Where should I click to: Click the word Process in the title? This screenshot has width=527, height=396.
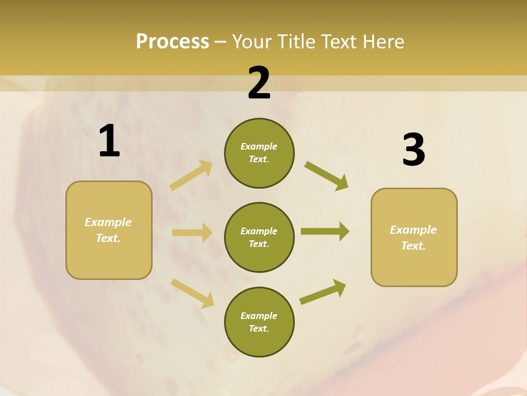pyautogui.click(x=172, y=42)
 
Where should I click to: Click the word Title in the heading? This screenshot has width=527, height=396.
pyautogui.click(x=296, y=42)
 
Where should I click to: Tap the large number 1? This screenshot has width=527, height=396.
pyautogui.click(x=109, y=141)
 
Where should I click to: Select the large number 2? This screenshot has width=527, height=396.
pyautogui.click(x=259, y=83)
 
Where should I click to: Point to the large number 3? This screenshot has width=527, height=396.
pyautogui.click(x=413, y=150)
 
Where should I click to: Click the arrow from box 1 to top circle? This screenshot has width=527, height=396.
pyautogui.click(x=191, y=175)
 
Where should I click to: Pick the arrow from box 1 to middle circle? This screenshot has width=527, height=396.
pyautogui.click(x=192, y=233)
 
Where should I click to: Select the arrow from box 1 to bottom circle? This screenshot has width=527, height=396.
pyautogui.click(x=192, y=293)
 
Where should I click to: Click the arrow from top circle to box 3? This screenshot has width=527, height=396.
pyautogui.click(x=327, y=176)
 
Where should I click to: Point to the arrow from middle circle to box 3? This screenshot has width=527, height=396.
pyautogui.click(x=325, y=232)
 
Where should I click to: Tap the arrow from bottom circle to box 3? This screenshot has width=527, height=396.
pyautogui.click(x=323, y=292)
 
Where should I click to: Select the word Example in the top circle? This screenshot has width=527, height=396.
pyautogui.click(x=259, y=147)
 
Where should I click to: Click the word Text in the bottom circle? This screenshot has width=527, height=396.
pyautogui.click(x=258, y=328)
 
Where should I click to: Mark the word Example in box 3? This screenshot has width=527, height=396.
pyautogui.click(x=413, y=230)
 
